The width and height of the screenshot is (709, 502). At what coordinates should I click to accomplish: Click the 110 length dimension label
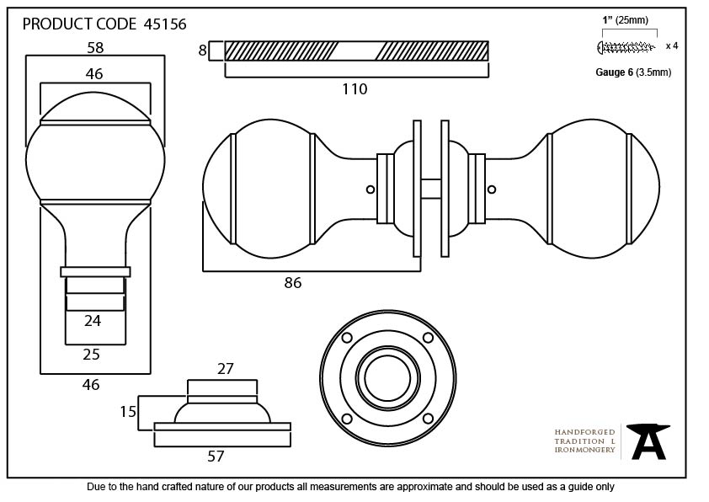(x=354, y=88)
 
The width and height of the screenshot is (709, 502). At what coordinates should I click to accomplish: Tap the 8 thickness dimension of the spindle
(x=202, y=51)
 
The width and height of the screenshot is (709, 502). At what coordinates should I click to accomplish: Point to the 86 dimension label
(x=292, y=283)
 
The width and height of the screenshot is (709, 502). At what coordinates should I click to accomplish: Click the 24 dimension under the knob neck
(x=93, y=320)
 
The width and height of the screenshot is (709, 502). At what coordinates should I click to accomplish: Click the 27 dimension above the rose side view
(x=225, y=369)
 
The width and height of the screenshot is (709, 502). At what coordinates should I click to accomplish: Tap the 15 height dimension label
(x=128, y=412)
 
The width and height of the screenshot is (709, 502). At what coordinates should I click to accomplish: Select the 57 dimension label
(x=216, y=457)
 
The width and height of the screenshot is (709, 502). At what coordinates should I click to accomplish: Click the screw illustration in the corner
(x=626, y=45)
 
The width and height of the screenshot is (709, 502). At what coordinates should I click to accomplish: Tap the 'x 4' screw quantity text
(x=671, y=45)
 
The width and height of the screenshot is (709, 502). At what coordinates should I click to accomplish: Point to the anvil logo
(x=649, y=441)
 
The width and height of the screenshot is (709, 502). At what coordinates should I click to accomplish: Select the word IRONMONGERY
(x=584, y=450)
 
